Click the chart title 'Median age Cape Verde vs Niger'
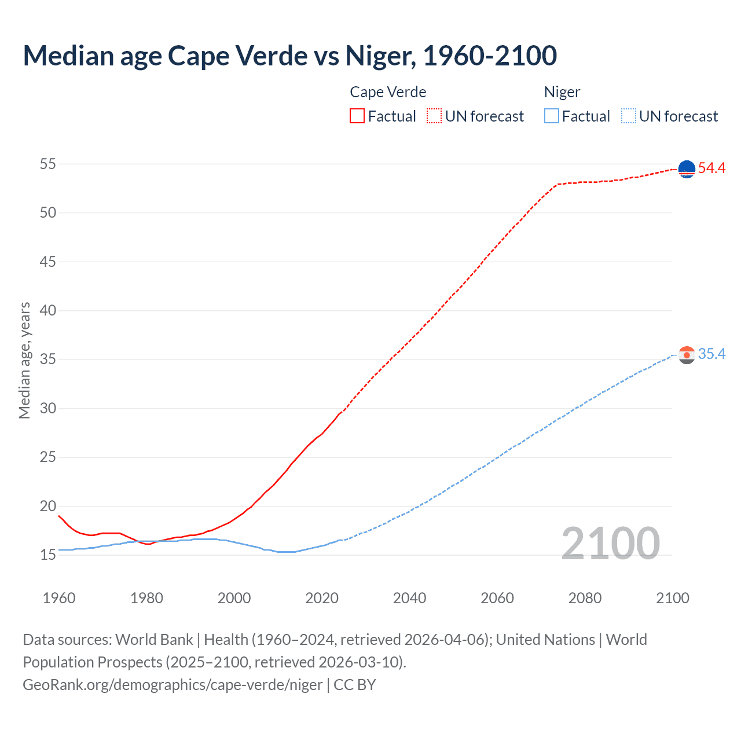point(289,56)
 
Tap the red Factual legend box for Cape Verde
point(357,116)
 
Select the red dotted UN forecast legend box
point(434,116)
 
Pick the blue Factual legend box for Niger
point(552,116)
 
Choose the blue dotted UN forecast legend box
point(628,116)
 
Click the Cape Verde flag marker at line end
point(687,169)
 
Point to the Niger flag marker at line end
point(687,355)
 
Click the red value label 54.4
point(711,168)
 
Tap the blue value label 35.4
point(711,354)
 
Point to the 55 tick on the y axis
point(48,164)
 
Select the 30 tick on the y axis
point(48,409)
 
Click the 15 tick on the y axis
point(48,555)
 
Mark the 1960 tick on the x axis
point(59,598)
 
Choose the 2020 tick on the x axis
point(322,598)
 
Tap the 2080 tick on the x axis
point(585,598)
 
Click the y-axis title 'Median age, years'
point(24,360)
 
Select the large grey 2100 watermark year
point(611,544)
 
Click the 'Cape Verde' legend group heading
point(388,92)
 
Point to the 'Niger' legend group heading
point(562,92)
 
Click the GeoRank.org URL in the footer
point(173,685)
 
